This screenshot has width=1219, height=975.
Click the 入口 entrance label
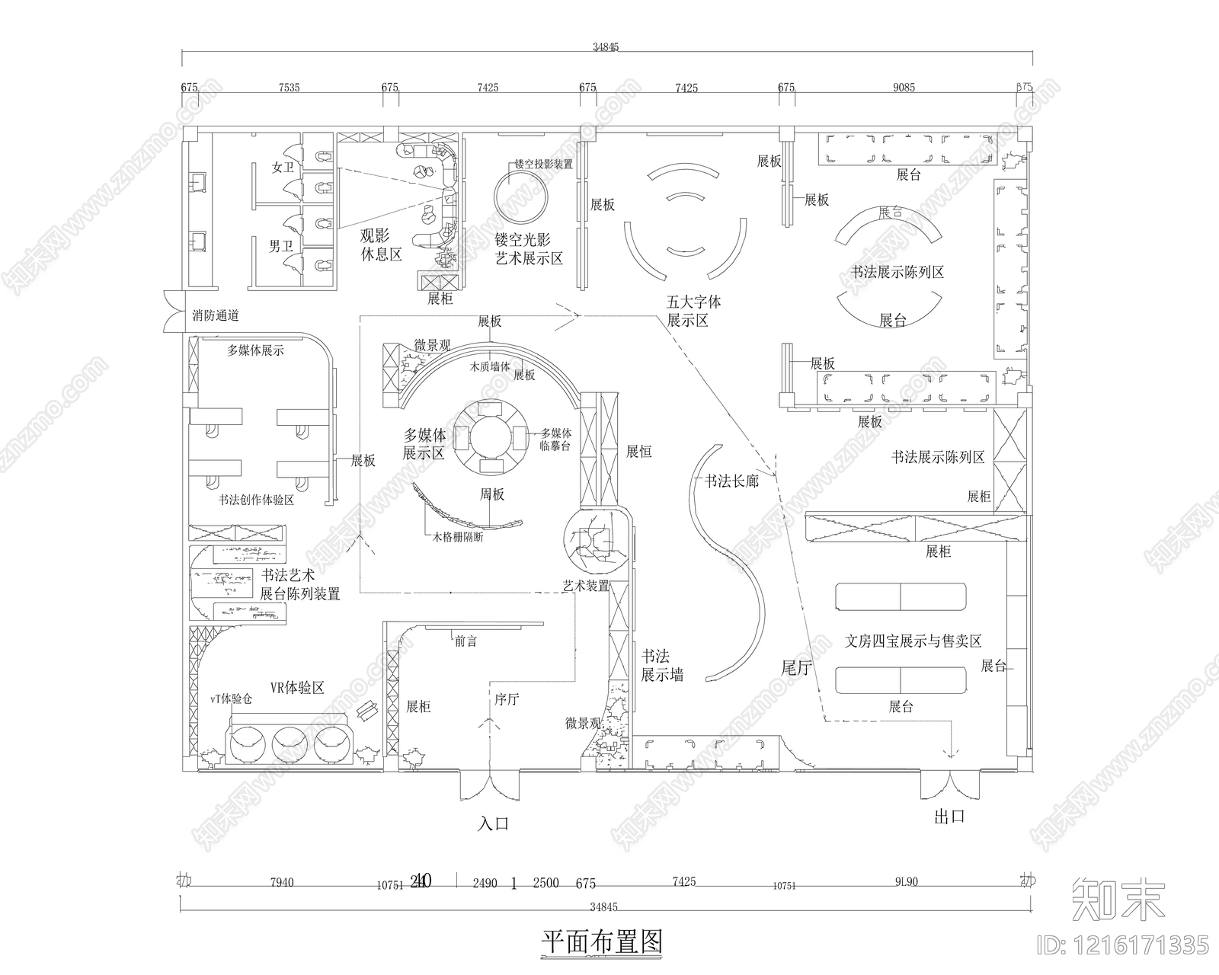[493, 824]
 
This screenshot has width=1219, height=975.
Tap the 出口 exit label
[949, 817]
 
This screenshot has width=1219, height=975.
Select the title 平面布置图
[602, 941]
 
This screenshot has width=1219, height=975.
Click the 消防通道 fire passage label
[216, 315]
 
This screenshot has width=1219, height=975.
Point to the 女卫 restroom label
[282, 167]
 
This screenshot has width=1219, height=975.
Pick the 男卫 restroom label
[280, 246]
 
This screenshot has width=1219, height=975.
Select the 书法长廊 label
[731, 481]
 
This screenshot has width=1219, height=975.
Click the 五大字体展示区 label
[693, 311]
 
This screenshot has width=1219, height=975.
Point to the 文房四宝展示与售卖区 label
[913, 641]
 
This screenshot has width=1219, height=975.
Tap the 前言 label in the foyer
[466, 641]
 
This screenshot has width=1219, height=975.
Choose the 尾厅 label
[796, 668]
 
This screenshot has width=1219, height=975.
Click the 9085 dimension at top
[904, 88]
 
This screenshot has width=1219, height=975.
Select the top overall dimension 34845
[606, 46]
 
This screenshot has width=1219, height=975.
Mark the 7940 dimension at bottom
[282, 883]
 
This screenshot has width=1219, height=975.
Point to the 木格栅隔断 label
[457, 537]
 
